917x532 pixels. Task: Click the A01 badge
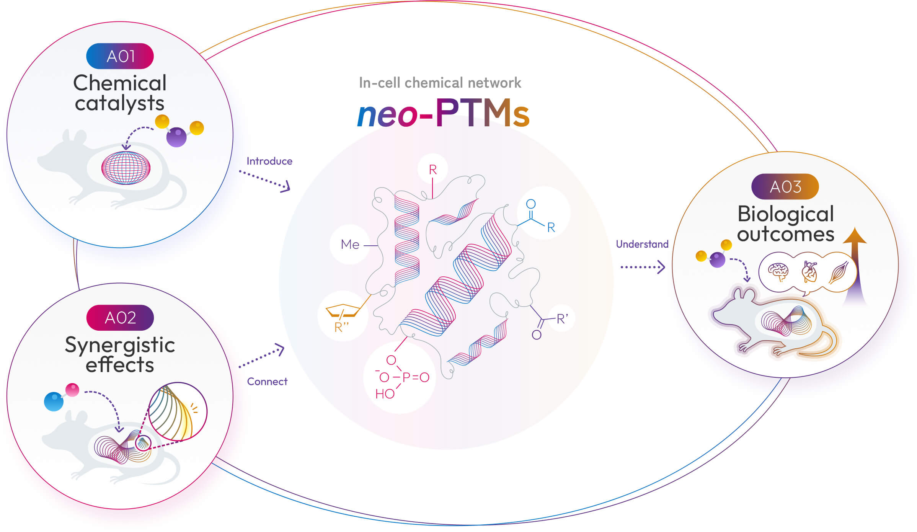pyautogui.click(x=120, y=56)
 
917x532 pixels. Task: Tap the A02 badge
pyautogui.click(x=120, y=318)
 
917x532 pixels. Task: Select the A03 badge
pyautogui.click(x=785, y=187)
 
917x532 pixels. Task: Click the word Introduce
pyautogui.click(x=269, y=161)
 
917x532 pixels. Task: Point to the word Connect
pyautogui.click(x=267, y=382)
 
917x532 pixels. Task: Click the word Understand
pyautogui.click(x=642, y=244)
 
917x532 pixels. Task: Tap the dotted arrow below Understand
pyautogui.click(x=643, y=267)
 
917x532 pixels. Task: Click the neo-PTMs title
pyautogui.click(x=443, y=113)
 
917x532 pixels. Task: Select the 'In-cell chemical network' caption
pyautogui.click(x=440, y=83)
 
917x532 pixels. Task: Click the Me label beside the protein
pyautogui.click(x=350, y=245)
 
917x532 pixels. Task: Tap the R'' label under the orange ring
pyautogui.click(x=341, y=327)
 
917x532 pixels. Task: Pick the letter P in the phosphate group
pyautogui.click(x=406, y=377)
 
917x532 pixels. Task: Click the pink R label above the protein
pyautogui.click(x=433, y=170)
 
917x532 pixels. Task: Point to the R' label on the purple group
pyautogui.click(x=562, y=319)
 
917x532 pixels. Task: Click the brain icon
pyautogui.click(x=778, y=272)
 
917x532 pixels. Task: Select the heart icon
pyautogui.click(x=809, y=272)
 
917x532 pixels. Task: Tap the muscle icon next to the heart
pyautogui.click(x=839, y=272)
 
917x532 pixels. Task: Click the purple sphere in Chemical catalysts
pyautogui.click(x=176, y=137)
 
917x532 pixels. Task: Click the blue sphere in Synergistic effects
pyautogui.click(x=54, y=401)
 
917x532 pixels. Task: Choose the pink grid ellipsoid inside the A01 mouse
pyautogui.click(x=126, y=168)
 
